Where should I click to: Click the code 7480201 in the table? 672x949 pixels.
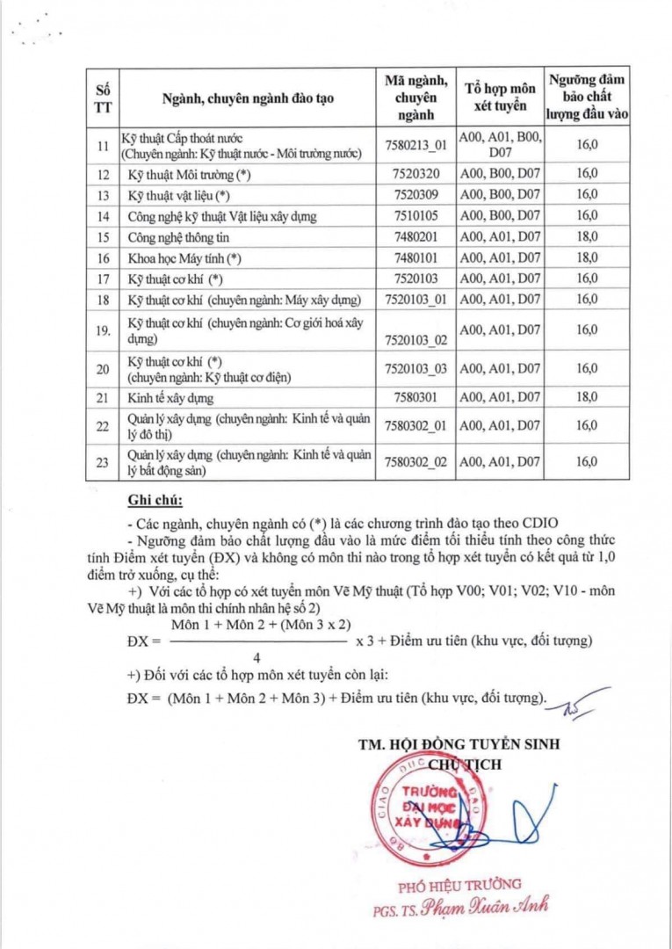(x=416, y=237)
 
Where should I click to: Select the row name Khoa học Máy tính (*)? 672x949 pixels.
(x=184, y=258)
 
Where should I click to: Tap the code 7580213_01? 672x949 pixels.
(x=416, y=145)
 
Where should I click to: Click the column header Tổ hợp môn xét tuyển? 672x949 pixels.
(x=499, y=98)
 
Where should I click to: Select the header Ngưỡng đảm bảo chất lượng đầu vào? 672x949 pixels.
(x=587, y=98)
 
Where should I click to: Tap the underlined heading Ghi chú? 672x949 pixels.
(x=155, y=501)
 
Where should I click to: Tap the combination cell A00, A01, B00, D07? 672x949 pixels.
(x=499, y=145)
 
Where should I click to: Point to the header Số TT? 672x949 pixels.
(x=103, y=98)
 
